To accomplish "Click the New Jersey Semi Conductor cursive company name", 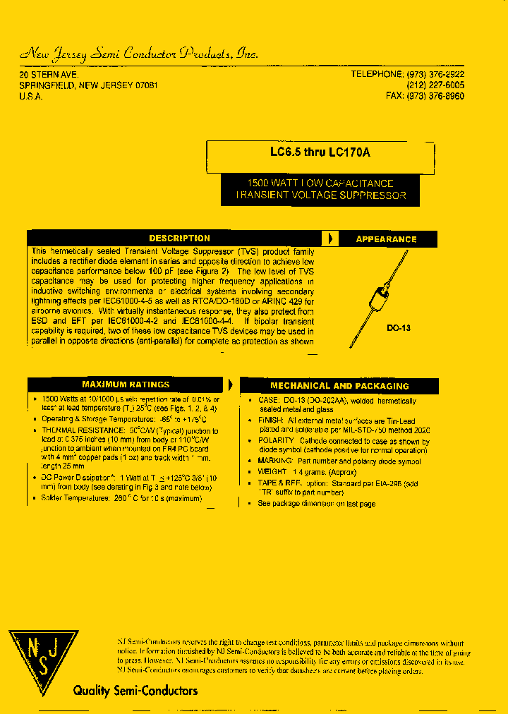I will pos(139,54).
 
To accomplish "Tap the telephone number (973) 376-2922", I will pos(435,74).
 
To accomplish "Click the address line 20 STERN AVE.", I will pos(49,74).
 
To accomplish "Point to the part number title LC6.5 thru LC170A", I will pos(320,151).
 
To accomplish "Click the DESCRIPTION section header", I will pos(179,238).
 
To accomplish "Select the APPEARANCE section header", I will pos(386,239).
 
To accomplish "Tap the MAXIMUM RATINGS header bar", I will pos(126,385).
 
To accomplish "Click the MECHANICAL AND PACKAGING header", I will pos(339,386).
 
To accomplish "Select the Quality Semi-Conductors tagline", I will pos(135,691).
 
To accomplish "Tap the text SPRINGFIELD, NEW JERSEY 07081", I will pos(88,85).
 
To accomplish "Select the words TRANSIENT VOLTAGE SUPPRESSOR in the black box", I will pos(321,195).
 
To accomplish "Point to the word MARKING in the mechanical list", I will pos(275,461).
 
